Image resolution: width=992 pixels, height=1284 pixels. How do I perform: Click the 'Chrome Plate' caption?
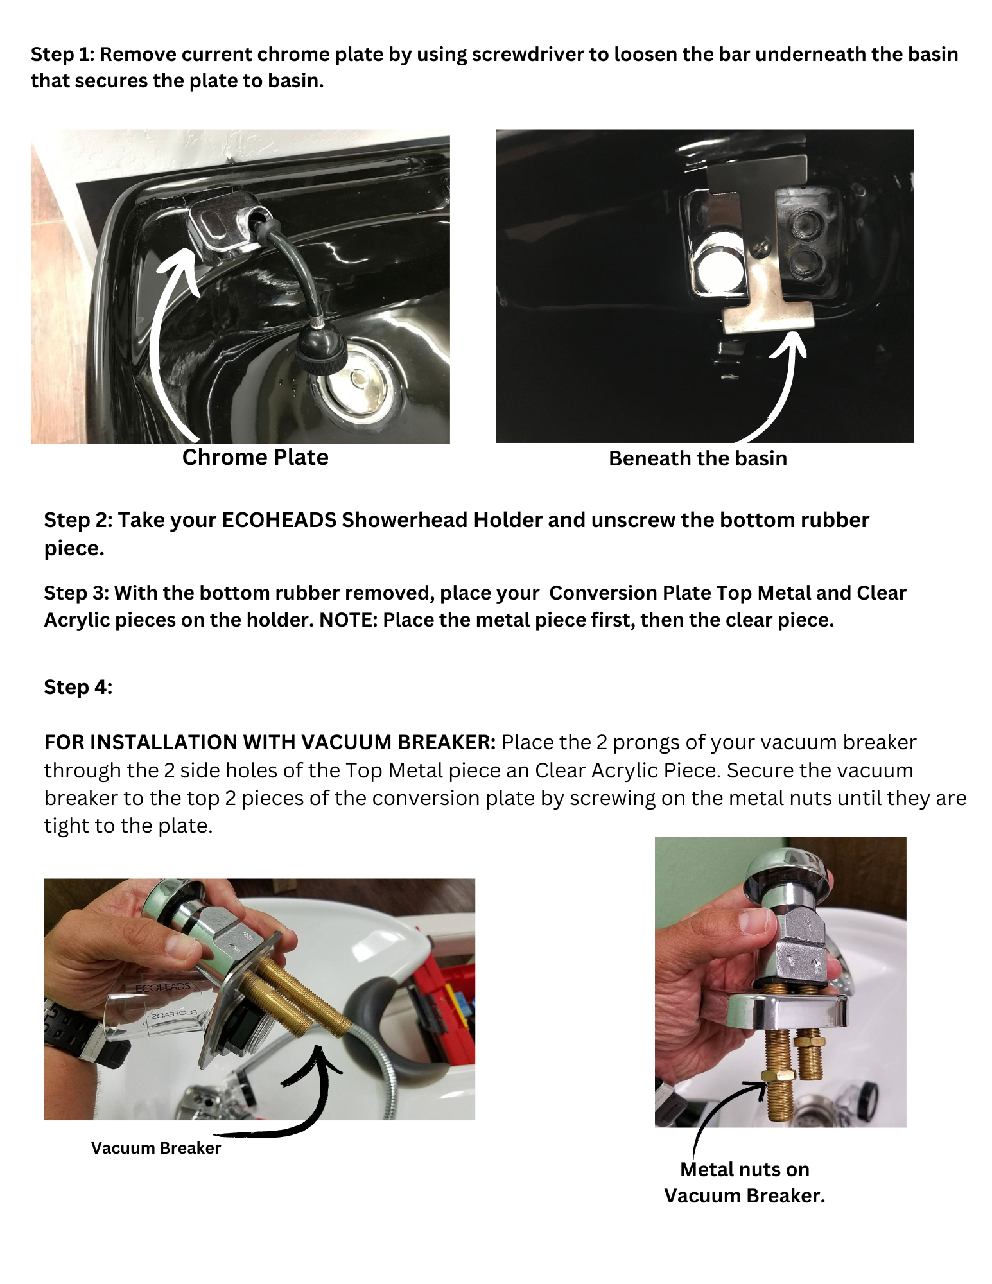[x=255, y=457]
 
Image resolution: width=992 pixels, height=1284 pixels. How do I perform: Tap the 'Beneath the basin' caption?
[x=698, y=458]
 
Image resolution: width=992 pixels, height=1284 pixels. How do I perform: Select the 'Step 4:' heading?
[x=78, y=687]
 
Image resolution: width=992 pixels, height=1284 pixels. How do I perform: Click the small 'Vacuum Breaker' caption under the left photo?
[x=156, y=1148]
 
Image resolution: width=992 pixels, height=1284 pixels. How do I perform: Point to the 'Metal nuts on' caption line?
[x=745, y=1169]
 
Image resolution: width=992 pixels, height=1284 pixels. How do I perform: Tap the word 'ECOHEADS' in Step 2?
[x=279, y=519]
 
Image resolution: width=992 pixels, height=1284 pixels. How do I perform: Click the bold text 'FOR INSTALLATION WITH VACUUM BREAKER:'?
[x=270, y=742]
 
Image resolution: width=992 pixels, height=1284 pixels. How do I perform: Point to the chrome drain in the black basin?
[x=361, y=389]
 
